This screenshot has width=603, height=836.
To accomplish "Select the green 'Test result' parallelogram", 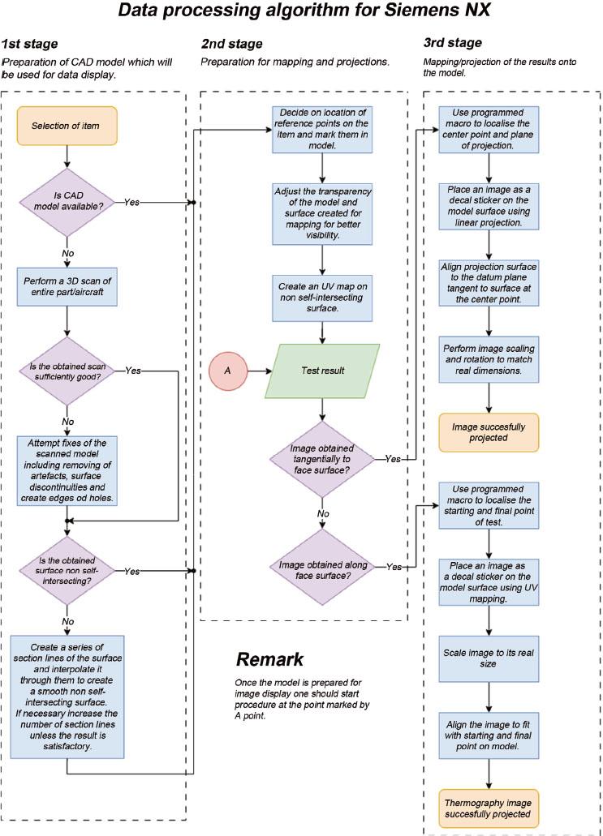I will [324, 370].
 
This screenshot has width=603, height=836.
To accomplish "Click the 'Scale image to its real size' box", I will [489, 658].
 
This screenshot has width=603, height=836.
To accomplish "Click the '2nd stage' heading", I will [232, 42].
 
